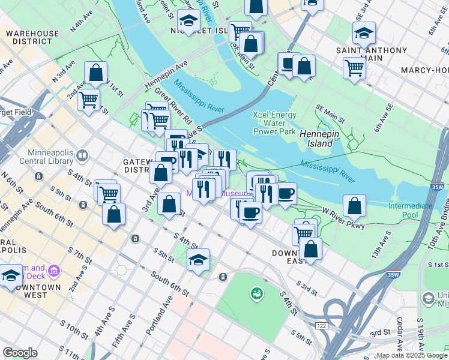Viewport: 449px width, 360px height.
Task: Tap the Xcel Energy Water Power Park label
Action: (274, 123)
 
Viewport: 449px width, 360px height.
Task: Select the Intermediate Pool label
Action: (410, 210)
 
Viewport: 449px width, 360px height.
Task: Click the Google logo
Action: (20, 353)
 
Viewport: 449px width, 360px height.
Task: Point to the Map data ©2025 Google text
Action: (412, 355)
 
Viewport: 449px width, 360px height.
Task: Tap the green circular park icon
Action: (256, 293)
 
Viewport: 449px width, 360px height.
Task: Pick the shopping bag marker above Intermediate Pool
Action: (355, 206)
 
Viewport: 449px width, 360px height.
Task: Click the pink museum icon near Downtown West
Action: (54, 271)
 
